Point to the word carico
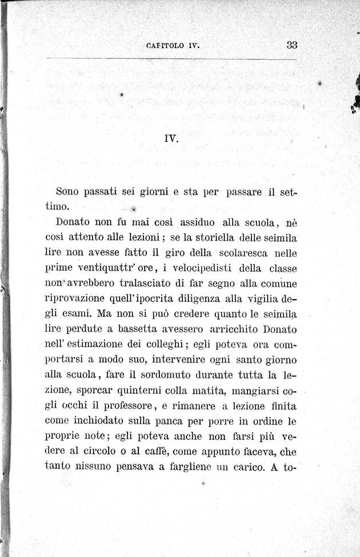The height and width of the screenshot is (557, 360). (247, 468)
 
